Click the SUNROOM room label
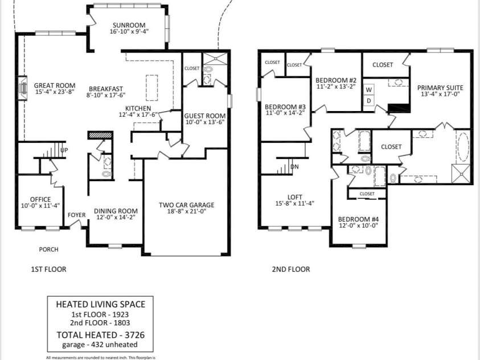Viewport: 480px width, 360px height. click(129, 26)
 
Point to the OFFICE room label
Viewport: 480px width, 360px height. click(40, 199)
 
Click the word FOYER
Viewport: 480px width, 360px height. click(77, 215)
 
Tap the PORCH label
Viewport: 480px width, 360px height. click(48, 249)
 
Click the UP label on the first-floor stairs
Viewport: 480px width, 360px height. click(64, 150)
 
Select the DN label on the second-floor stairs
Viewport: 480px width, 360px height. click(294, 167)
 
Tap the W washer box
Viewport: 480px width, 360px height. click(368, 90)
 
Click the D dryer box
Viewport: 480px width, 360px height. click(368, 101)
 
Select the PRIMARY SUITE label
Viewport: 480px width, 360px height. click(440, 88)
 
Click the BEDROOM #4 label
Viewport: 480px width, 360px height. click(358, 219)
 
